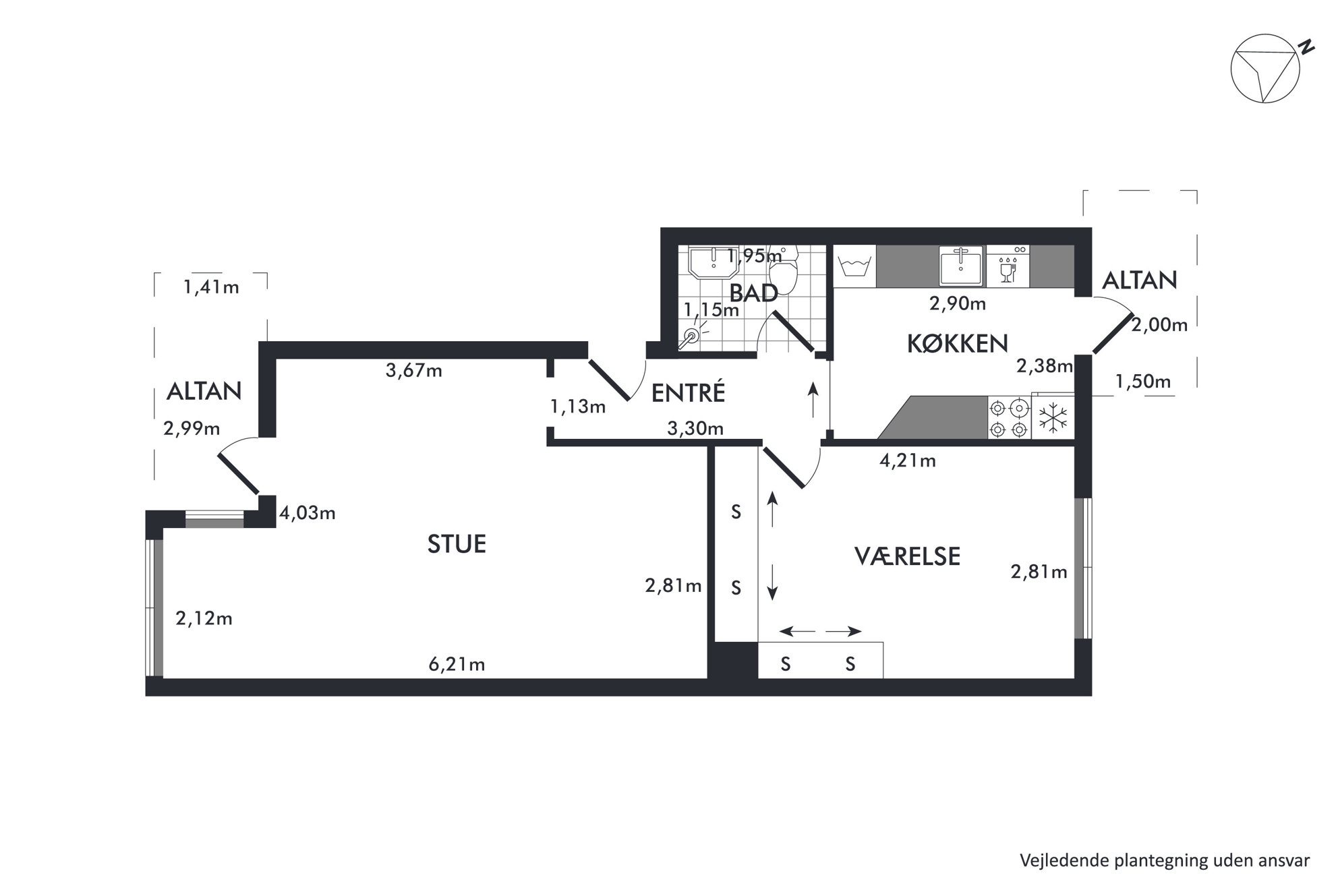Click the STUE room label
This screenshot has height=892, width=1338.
(x=457, y=544)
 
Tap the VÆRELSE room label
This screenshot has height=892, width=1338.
(x=907, y=556)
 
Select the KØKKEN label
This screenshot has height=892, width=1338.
(x=957, y=343)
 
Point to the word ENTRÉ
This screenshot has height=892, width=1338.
(x=688, y=392)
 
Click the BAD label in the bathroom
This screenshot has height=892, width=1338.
(x=754, y=293)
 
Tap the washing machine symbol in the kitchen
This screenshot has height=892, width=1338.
(x=854, y=266)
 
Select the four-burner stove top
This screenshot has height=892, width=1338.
(x=1010, y=418)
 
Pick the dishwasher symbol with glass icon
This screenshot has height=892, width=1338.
(x=1008, y=266)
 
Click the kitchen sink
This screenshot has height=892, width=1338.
(x=962, y=266)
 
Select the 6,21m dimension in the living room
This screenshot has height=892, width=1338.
(x=457, y=664)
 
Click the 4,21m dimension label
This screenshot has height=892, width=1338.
(x=908, y=460)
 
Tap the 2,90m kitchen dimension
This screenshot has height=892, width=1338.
(x=958, y=303)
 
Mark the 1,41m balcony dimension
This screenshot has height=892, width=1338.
(x=211, y=287)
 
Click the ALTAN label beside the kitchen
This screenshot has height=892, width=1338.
(x=1140, y=280)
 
